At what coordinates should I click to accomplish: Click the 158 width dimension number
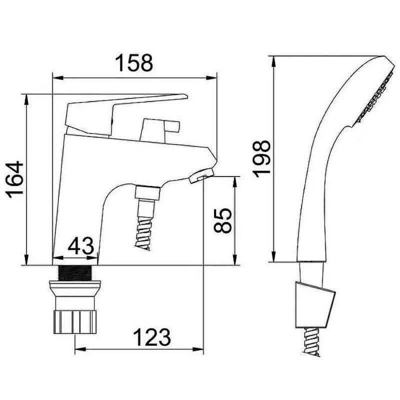(x=134, y=63)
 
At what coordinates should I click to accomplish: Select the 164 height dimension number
(x=15, y=179)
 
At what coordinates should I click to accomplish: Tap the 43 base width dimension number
(x=80, y=245)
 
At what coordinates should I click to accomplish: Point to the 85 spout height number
(x=222, y=220)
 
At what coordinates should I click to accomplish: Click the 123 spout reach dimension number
(x=152, y=337)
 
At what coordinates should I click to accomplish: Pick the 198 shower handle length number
(x=261, y=159)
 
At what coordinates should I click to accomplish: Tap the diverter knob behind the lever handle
(x=160, y=130)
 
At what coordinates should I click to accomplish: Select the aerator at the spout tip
(x=201, y=176)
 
